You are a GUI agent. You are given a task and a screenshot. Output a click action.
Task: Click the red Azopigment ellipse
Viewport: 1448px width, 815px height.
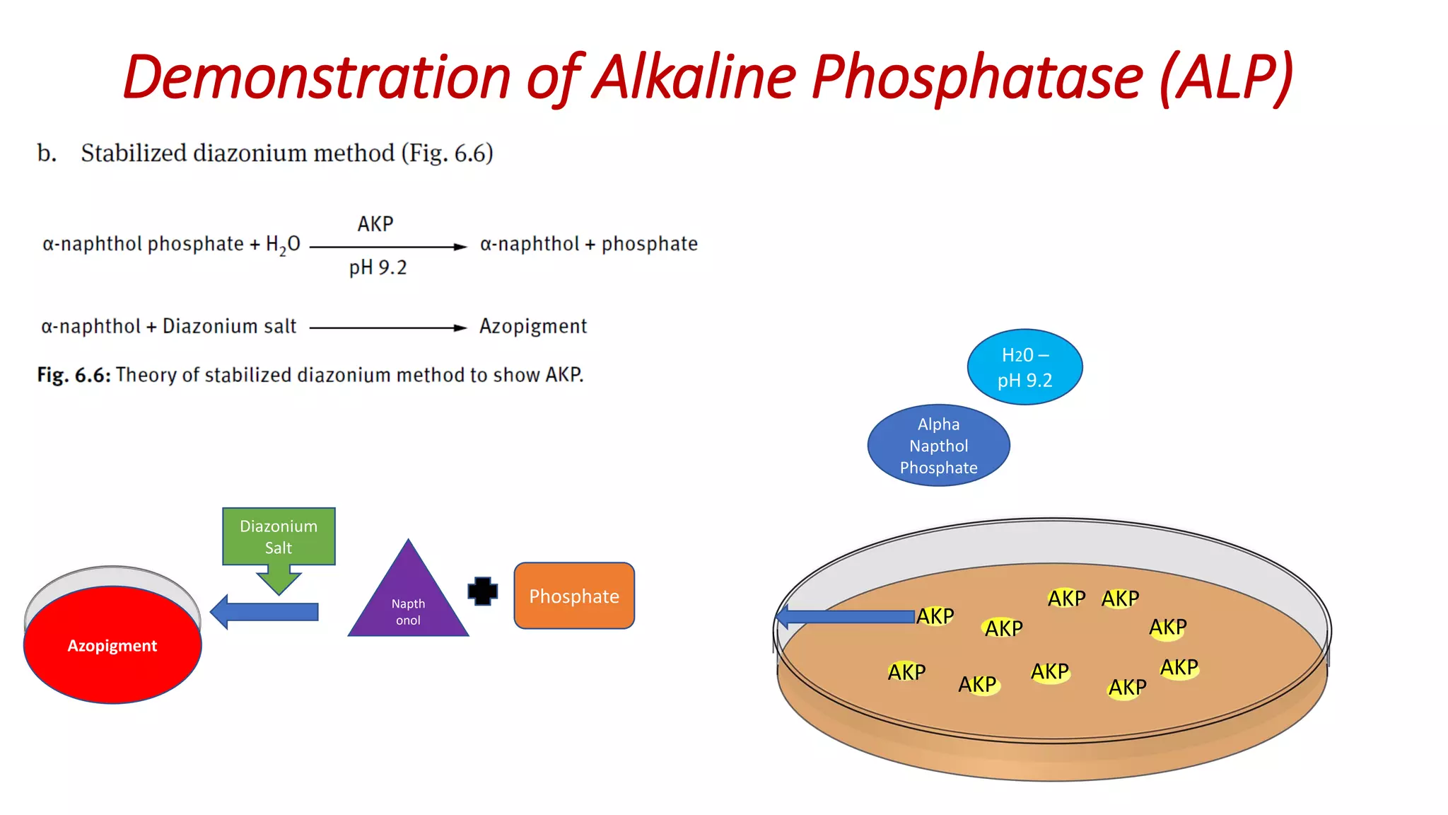(112, 645)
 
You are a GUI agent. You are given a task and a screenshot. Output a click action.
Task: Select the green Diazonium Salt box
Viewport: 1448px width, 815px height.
(279, 536)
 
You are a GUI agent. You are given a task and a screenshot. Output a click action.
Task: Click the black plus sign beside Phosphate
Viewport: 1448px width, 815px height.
(483, 591)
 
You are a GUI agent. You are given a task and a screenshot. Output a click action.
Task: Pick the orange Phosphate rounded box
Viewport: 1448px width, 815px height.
(574, 596)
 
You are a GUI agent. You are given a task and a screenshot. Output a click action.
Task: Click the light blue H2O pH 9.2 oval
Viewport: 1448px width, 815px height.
(1024, 367)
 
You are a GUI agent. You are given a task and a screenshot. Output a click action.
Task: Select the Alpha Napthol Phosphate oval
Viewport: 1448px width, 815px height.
(938, 446)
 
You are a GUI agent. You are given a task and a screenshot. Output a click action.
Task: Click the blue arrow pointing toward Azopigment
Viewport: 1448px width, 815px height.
(265, 612)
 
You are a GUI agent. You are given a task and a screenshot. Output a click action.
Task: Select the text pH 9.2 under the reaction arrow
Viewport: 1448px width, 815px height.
(378, 268)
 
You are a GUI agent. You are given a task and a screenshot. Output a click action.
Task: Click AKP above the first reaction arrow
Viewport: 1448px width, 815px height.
(375, 224)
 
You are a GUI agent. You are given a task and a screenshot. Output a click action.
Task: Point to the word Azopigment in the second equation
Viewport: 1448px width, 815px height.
(533, 326)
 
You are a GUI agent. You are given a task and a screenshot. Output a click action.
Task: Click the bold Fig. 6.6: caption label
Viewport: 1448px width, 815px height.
(74, 375)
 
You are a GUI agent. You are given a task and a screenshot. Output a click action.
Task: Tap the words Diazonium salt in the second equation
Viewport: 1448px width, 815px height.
(229, 326)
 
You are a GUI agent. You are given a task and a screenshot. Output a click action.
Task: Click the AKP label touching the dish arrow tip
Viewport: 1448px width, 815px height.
(935, 616)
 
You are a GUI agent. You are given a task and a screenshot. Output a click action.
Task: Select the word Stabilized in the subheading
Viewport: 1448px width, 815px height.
(132, 153)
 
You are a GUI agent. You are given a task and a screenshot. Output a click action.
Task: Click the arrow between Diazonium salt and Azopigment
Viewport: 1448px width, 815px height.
(387, 328)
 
